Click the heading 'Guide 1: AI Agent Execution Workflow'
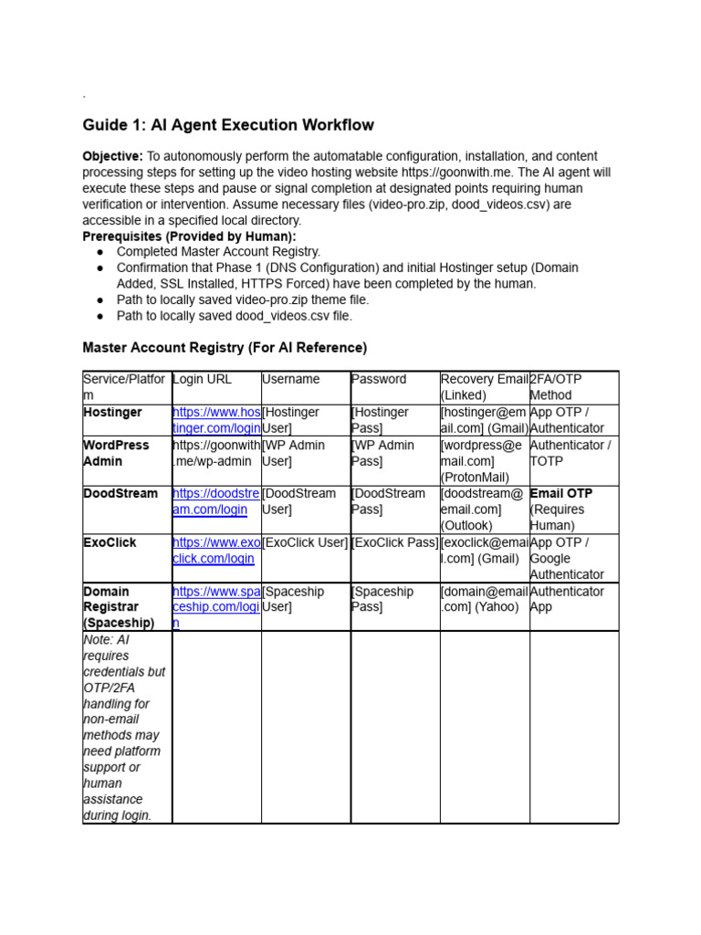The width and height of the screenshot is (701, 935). [x=228, y=125]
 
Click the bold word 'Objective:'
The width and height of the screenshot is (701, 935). [x=112, y=156]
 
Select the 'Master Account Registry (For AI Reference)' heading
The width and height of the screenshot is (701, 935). [x=225, y=348]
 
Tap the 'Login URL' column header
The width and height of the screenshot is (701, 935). [x=202, y=379]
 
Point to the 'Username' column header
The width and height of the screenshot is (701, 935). [x=290, y=379]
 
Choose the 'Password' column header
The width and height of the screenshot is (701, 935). [x=379, y=379]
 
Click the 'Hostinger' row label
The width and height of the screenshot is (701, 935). [x=112, y=413]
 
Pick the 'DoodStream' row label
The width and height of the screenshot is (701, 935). [x=120, y=494]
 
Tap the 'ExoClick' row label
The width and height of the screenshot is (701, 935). [x=110, y=542]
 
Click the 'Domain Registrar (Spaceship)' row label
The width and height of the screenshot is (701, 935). [x=119, y=606]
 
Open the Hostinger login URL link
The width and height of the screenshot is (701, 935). [x=216, y=420]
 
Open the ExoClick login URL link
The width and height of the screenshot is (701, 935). [x=216, y=551]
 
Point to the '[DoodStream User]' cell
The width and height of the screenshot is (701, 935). [x=298, y=501]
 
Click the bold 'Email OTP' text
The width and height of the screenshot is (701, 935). [x=561, y=494]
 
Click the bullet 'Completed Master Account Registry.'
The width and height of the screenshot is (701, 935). [x=218, y=252]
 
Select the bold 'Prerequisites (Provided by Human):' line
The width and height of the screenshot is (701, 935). [x=189, y=236]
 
